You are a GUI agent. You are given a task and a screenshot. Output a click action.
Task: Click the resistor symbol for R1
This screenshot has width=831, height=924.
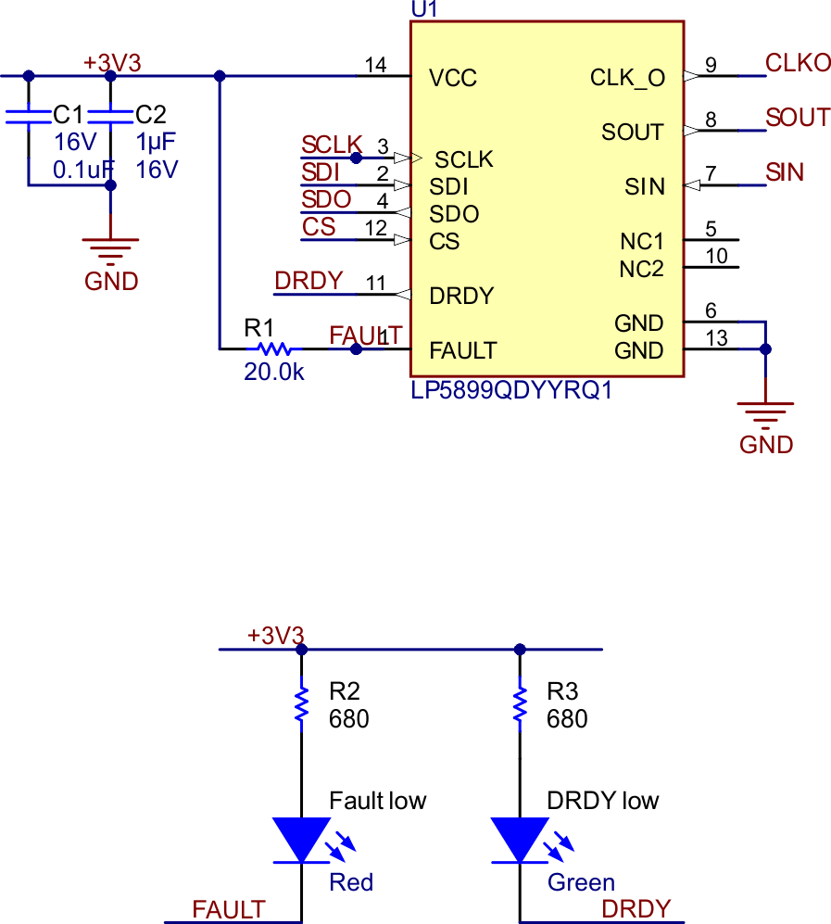[274, 349]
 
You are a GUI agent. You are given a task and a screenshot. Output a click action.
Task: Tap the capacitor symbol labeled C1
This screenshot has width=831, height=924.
[28, 116]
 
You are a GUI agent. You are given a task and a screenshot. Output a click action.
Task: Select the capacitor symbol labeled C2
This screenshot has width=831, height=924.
[110, 116]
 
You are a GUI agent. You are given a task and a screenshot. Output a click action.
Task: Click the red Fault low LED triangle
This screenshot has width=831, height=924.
[301, 839]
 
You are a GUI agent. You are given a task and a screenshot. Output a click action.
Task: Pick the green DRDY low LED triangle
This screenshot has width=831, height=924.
[520, 839]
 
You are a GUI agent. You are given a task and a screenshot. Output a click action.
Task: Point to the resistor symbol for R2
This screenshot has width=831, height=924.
[301, 704]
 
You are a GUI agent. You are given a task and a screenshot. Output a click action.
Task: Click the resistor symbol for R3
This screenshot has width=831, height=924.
[520, 704]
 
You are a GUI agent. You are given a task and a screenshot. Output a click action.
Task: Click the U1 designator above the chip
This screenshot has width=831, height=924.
[423, 9]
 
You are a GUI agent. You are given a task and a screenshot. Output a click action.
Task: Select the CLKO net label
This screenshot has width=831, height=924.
[798, 63]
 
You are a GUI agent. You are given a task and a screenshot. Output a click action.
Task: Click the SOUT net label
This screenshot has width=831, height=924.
[798, 118]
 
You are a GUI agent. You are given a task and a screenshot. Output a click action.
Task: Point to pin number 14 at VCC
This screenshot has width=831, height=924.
[375, 65]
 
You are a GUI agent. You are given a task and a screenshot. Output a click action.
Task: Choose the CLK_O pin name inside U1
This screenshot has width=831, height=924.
[627, 79]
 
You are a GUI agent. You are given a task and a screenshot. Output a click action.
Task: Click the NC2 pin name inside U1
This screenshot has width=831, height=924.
[642, 270]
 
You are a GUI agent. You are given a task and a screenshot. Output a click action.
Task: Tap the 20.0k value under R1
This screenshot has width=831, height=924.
[274, 373]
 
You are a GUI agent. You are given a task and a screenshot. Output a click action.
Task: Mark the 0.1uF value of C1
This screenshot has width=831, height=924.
[82, 170]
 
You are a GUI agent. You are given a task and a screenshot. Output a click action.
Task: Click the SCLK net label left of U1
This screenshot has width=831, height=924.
[332, 145]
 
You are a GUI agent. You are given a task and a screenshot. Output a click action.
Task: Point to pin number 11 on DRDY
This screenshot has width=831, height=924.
[375, 284]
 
